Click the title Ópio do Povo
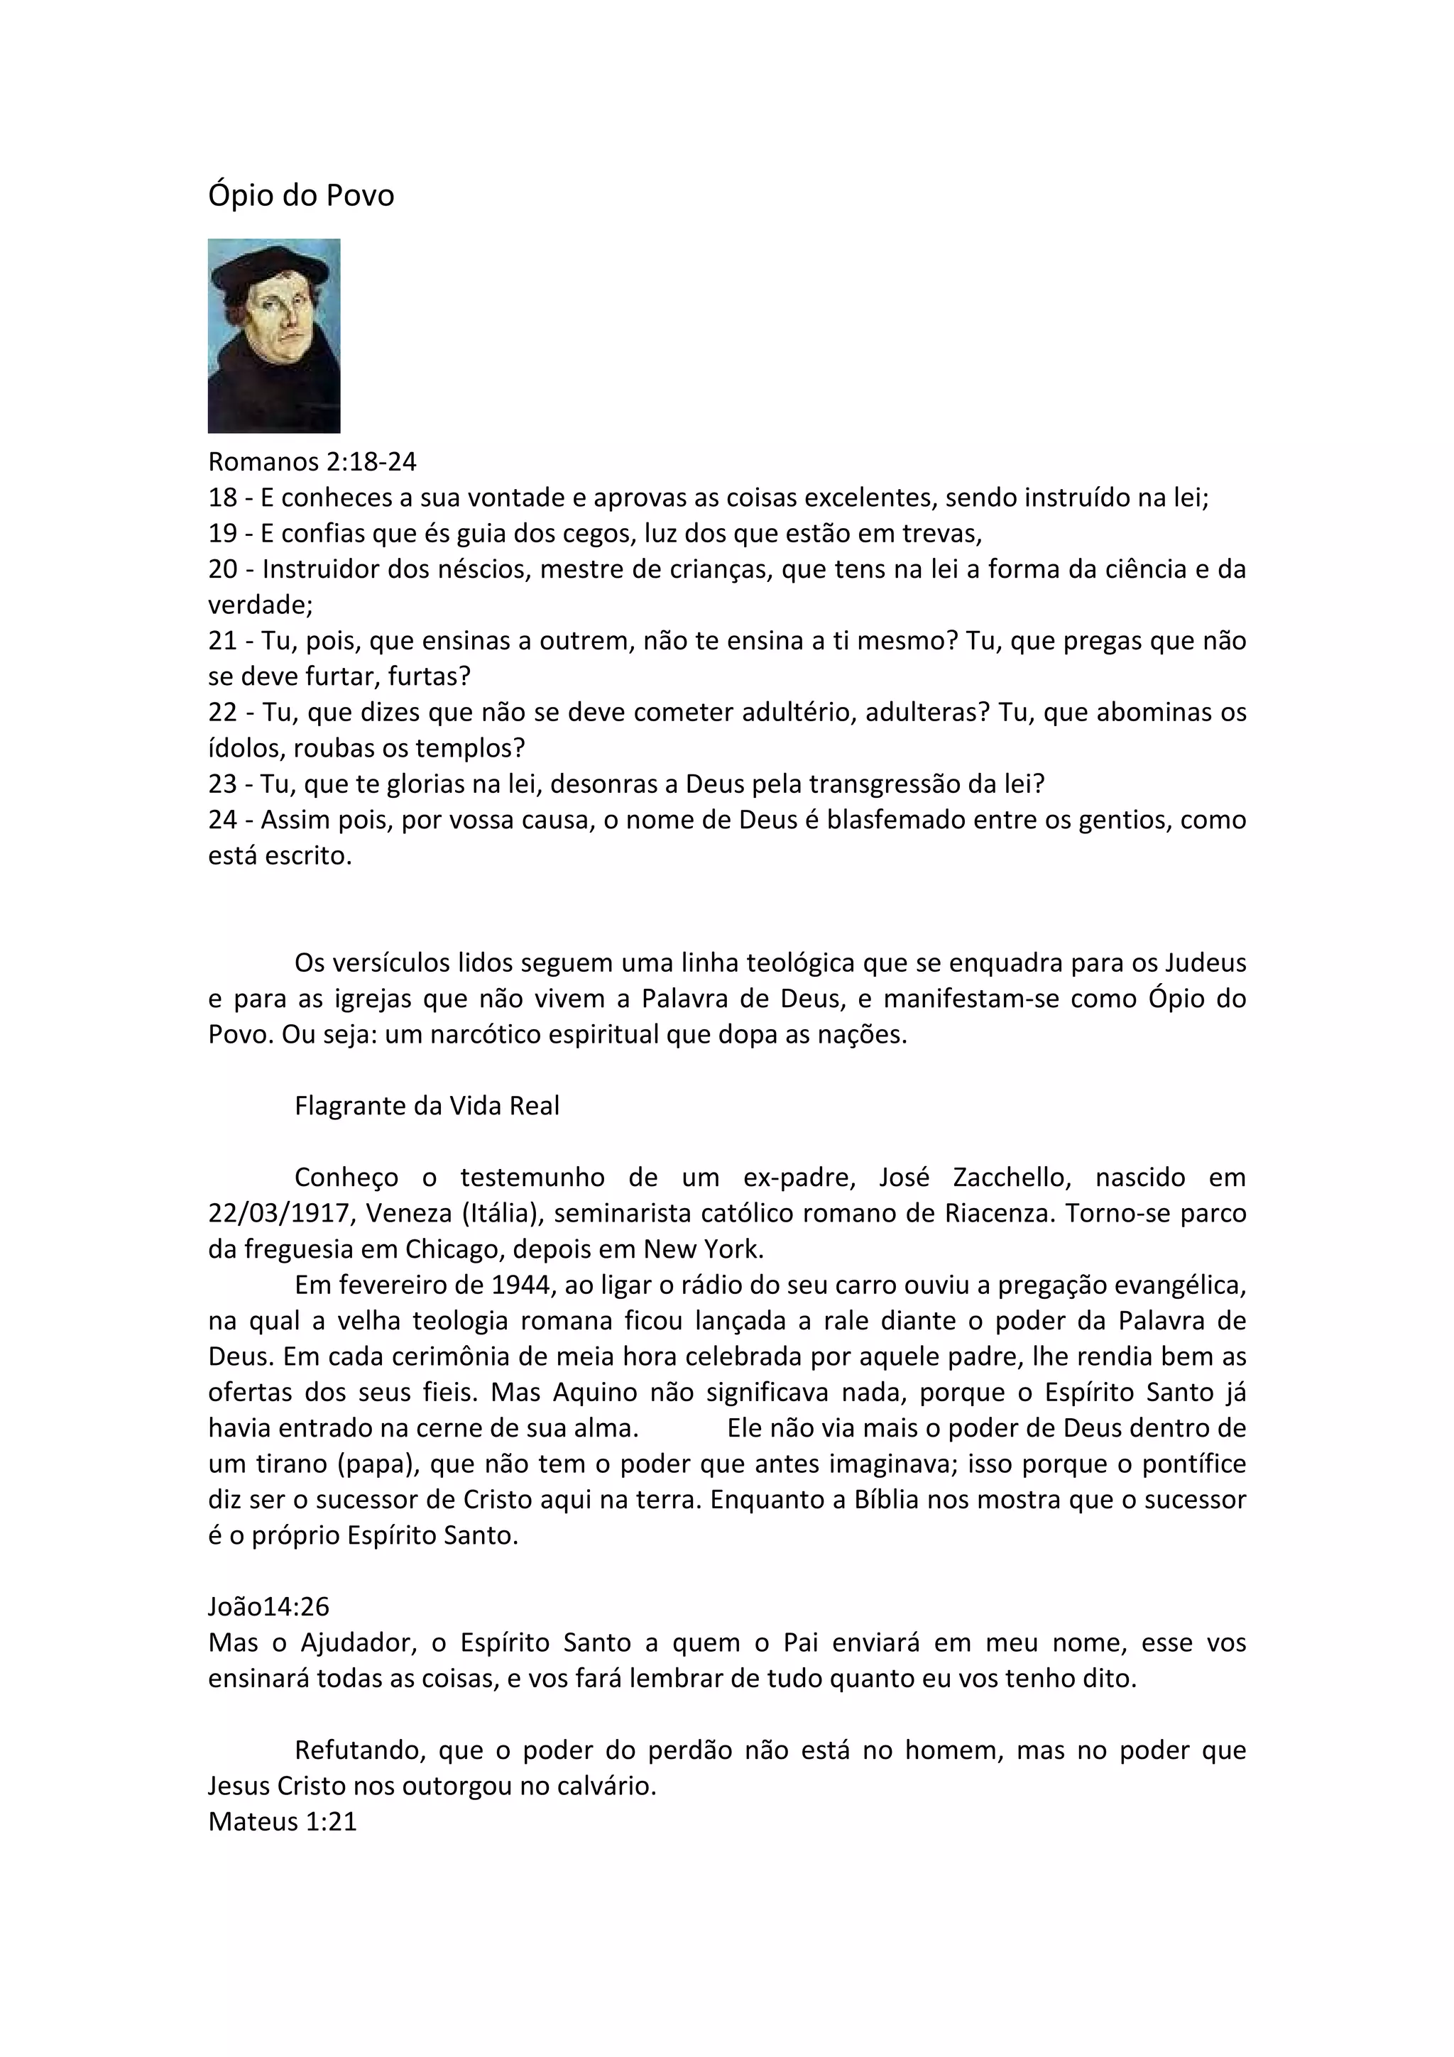pos(301,195)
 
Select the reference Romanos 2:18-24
pos(312,461)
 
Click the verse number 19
pos(222,533)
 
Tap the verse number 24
pos(222,820)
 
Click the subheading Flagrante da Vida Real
pos(427,1106)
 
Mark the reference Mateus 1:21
pos(282,1822)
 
